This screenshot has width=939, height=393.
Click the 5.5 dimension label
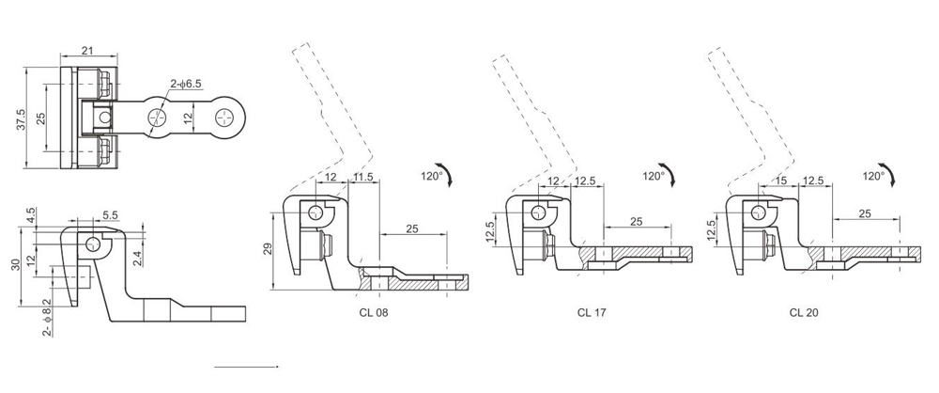(x=111, y=215)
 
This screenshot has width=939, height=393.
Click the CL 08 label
(x=371, y=312)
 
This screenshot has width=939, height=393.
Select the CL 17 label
(x=592, y=312)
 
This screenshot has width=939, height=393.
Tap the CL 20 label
(x=804, y=312)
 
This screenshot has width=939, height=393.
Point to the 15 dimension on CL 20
(x=781, y=181)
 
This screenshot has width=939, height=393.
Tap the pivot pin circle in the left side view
(x=91, y=244)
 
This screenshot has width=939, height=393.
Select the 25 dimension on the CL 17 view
(x=636, y=222)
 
